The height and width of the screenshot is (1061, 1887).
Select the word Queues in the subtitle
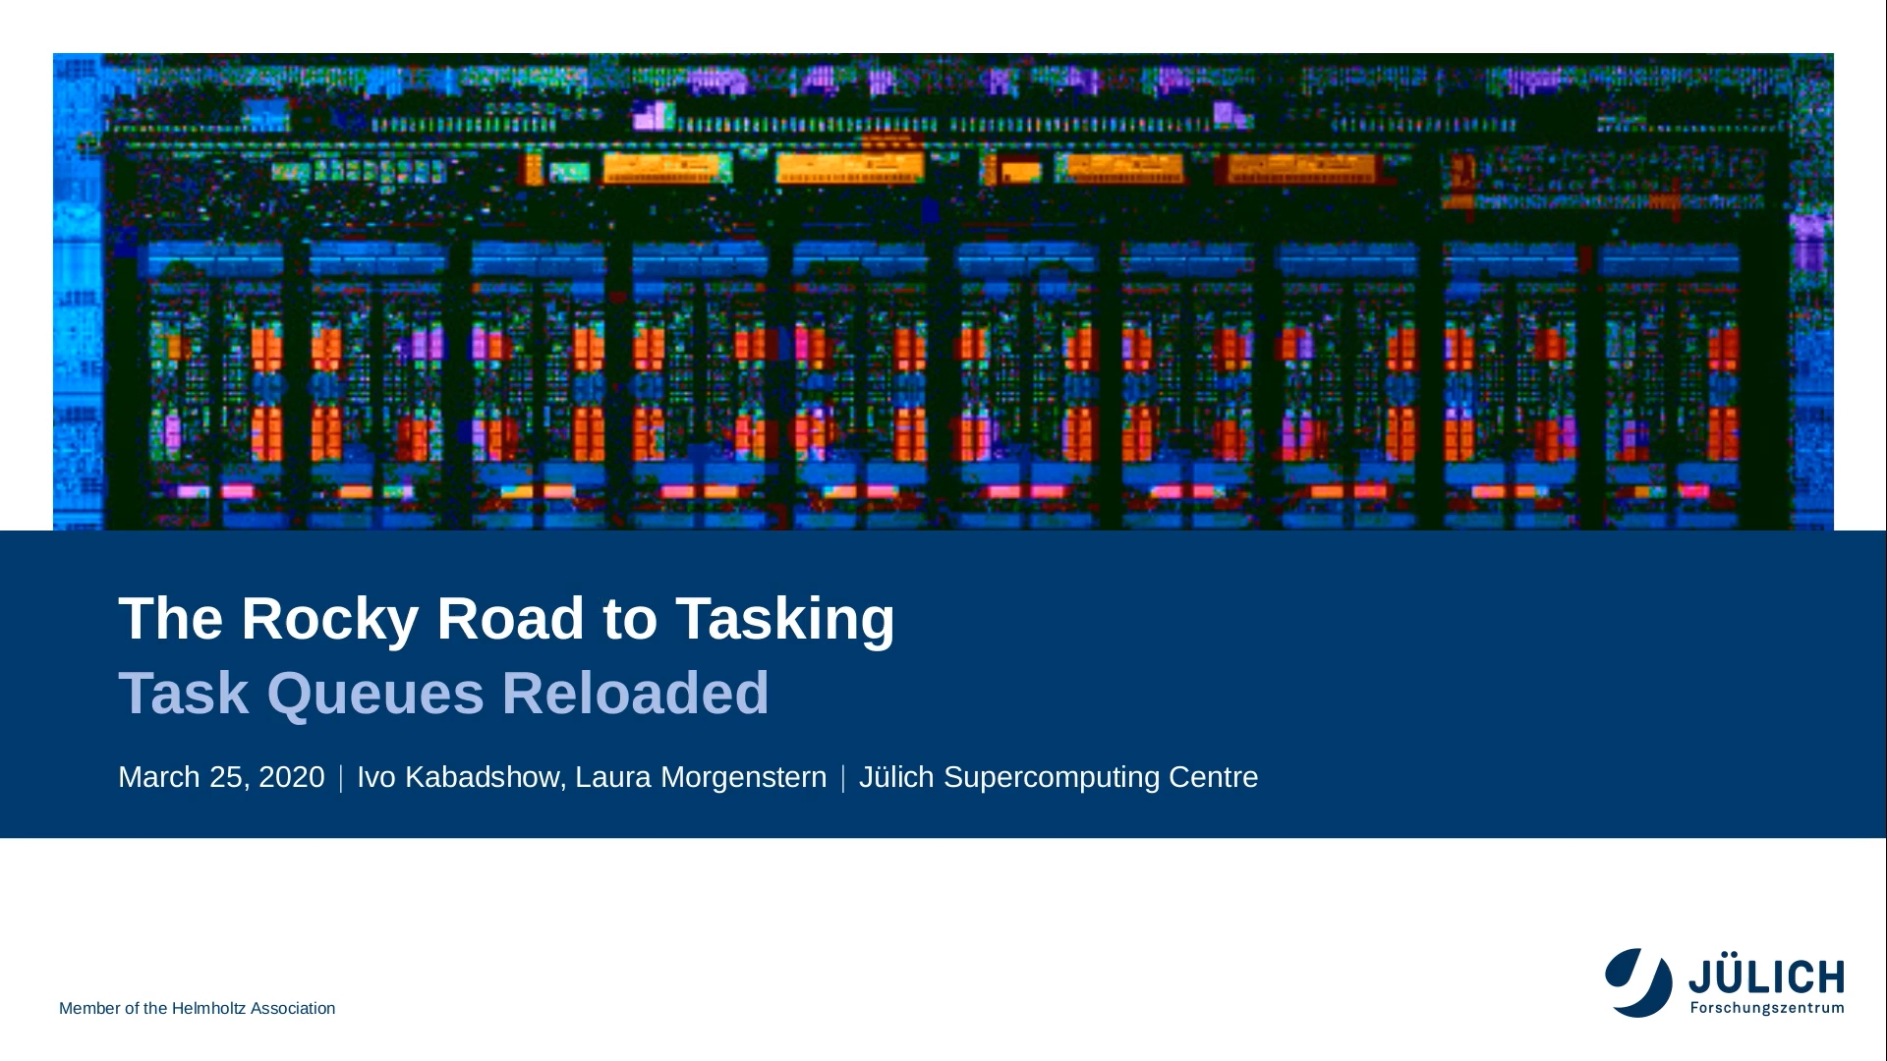pos(375,695)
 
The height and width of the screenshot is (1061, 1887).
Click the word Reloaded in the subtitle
pos(636,693)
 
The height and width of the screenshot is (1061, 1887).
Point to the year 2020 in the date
pos(291,777)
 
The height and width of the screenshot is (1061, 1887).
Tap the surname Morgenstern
pos(743,778)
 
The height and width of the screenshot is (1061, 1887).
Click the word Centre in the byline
pos(1214,777)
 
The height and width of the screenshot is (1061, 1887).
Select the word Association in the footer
pos(293,1009)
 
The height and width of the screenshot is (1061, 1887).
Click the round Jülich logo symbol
pos(1638,982)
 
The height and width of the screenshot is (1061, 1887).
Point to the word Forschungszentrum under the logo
pos(1767,1008)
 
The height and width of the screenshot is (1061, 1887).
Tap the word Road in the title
pos(511,619)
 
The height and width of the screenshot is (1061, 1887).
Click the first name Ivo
pos(376,777)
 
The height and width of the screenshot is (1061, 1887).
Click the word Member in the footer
pos(89,1009)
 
